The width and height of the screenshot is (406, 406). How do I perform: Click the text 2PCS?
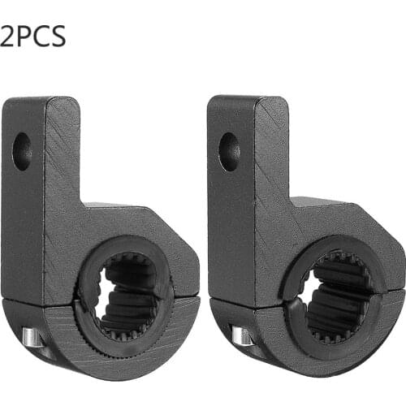click(x=32, y=36)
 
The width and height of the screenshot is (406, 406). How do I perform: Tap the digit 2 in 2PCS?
click(x=9, y=36)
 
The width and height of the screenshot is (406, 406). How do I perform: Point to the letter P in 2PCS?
click(x=24, y=36)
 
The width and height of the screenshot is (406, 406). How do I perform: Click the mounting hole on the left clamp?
click(x=22, y=150)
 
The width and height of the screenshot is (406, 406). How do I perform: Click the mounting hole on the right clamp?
click(x=229, y=151)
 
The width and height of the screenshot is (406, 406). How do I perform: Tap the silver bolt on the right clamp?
click(x=239, y=335)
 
